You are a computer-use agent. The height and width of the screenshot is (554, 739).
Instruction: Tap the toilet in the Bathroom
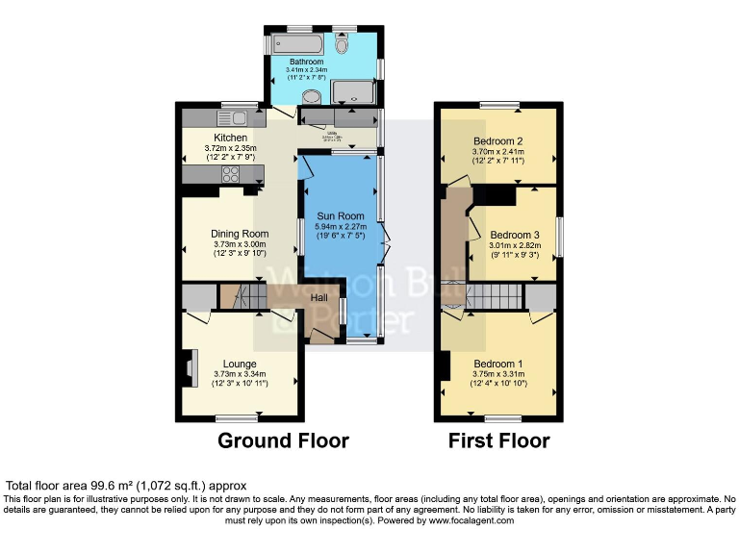tap(342, 44)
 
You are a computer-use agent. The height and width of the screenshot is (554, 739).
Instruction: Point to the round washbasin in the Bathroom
tap(314, 94)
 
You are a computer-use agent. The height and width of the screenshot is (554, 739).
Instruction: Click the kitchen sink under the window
tap(233, 117)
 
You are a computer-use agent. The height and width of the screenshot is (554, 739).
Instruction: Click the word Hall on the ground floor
tap(319, 298)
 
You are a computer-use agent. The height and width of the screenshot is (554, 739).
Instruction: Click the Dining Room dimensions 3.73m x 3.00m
tap(240, 245)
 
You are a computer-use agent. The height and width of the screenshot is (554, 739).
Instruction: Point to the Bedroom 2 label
tap(499, 140)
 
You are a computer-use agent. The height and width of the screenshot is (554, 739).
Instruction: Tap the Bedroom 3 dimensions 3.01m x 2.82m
tap(515, 245)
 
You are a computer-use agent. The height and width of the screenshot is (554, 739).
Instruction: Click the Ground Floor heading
tap(283, 441)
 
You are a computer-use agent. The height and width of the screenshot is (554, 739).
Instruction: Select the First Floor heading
tap(498, 441)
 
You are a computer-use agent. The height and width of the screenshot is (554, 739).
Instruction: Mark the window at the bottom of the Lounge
tap(237, 417)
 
